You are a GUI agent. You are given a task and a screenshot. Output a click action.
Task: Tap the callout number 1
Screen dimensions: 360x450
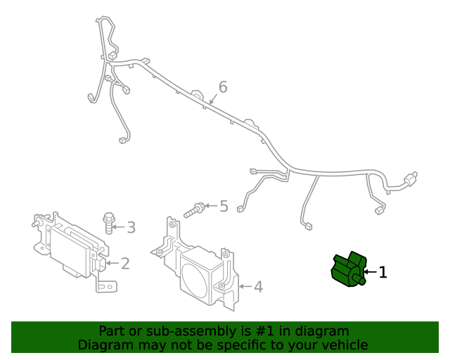tap(383, 272)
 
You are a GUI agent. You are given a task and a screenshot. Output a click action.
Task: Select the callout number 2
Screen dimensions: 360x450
tap(125, 264)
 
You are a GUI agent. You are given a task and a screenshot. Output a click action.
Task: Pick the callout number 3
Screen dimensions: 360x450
tap(131, 227)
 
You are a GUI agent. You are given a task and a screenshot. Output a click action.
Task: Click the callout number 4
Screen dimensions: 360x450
tap(258, 286)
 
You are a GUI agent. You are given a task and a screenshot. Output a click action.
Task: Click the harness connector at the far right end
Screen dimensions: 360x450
tap(413, 178)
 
